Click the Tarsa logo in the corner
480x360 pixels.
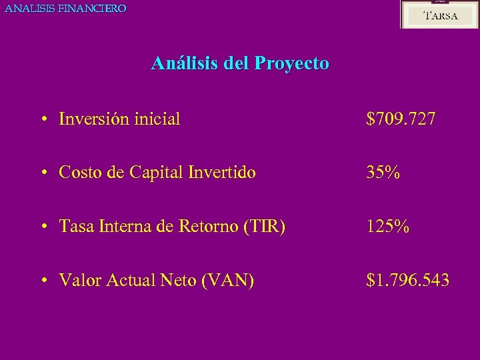(439, 15)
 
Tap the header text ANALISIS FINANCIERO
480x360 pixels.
(65, 9)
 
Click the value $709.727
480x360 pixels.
(401, 119)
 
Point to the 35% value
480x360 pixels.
(383, 173)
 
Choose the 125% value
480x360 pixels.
(388, 227)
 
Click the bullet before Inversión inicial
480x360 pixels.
(43, 120)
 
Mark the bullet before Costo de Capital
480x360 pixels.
(43, 174)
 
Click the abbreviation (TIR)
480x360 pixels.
(265, 227)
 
